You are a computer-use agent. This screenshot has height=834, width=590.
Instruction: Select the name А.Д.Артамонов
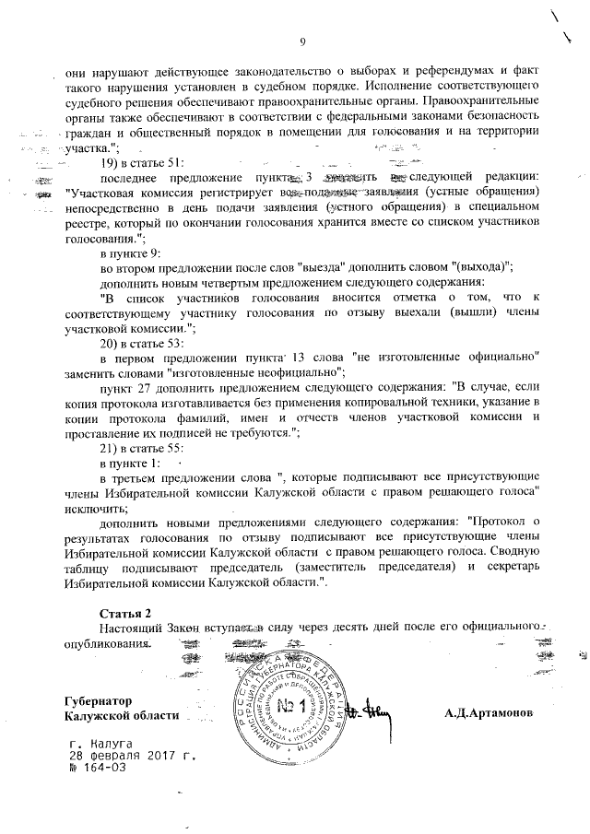point(488,714)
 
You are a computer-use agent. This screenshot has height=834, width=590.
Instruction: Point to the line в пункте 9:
point(130,253)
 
